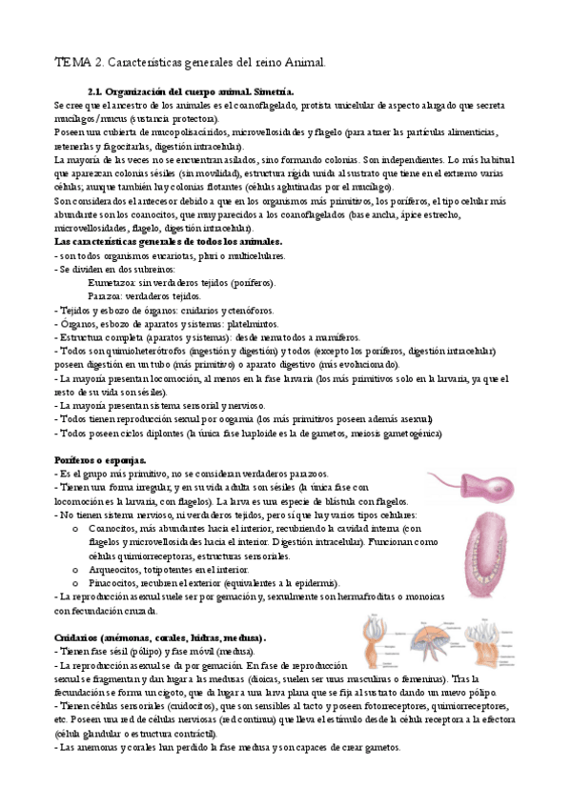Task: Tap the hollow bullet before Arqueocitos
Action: [x=75, y=570]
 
